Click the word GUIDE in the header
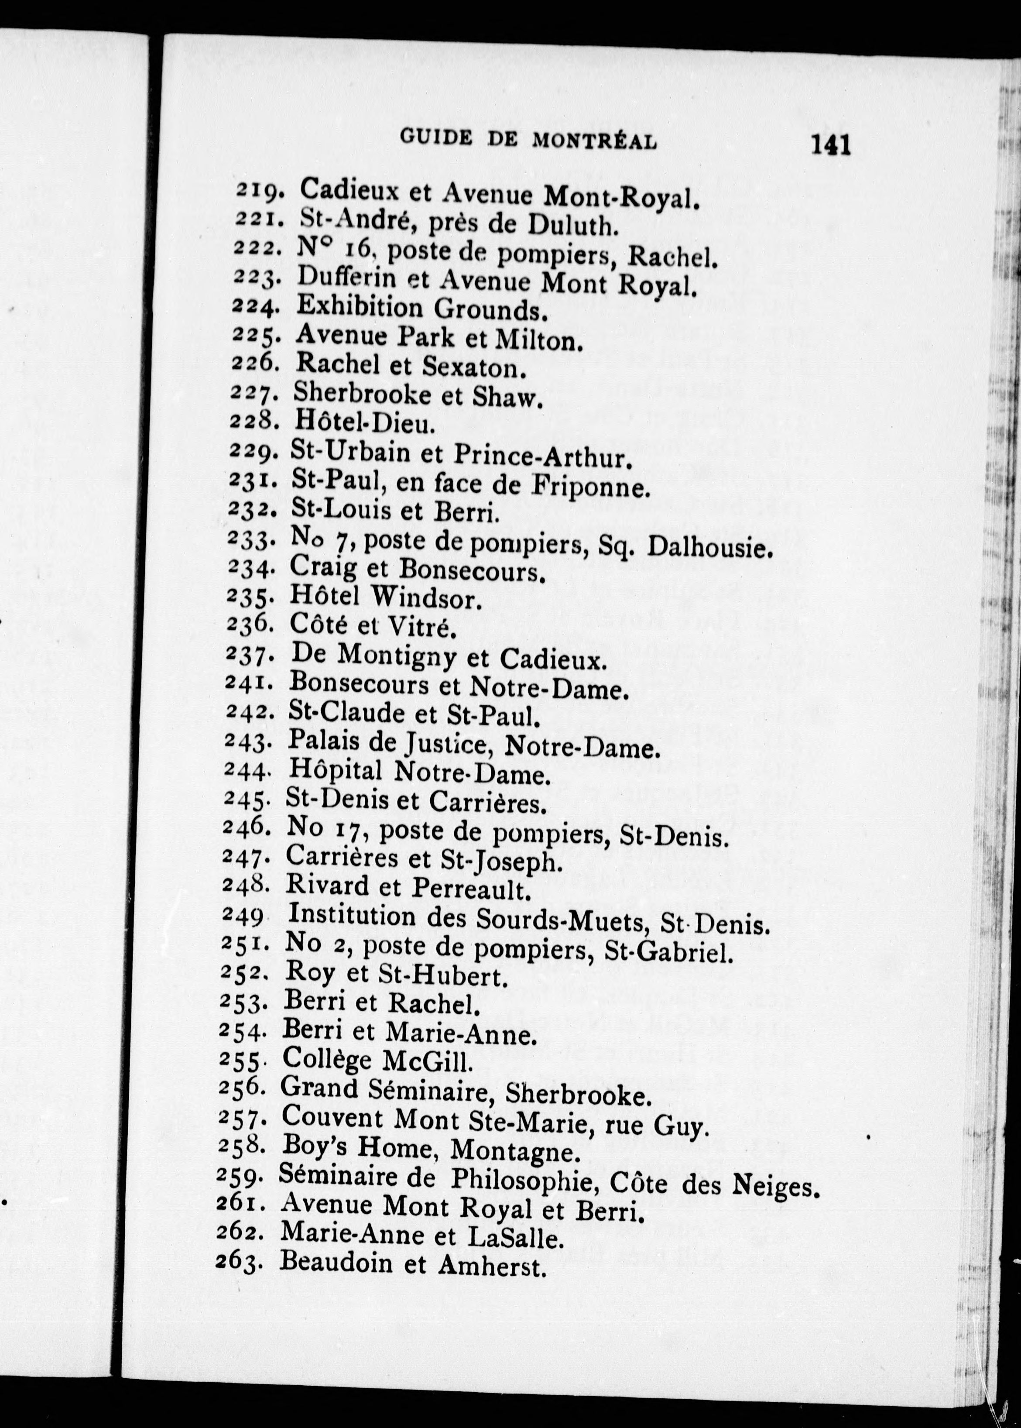436,138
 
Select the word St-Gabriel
668,952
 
